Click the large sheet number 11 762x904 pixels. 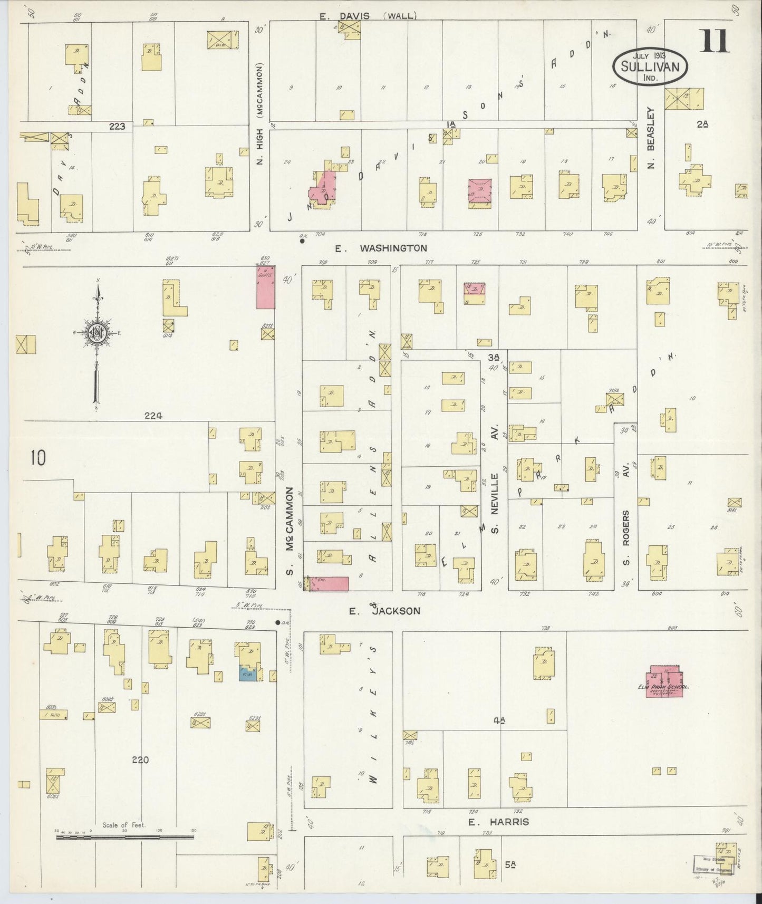[x=715, y=41]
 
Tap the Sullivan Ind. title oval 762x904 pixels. [x=650, y=65]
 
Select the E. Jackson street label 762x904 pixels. [x=385, y=611]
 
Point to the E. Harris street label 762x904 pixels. [x=498, y=822]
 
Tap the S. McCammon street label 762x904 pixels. [x=289, y=533]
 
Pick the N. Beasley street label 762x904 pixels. [x=651, y=139]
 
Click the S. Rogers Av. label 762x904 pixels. [x=626, y=537]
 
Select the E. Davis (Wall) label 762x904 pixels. [x=368, y=16]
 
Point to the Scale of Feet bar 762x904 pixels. [x=124, y=836]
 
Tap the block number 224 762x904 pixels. [x=153, y=416]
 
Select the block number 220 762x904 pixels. [x=140, y=760]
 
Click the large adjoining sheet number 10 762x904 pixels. [x=37, y=458]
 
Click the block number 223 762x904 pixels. [x=117, y=126]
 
